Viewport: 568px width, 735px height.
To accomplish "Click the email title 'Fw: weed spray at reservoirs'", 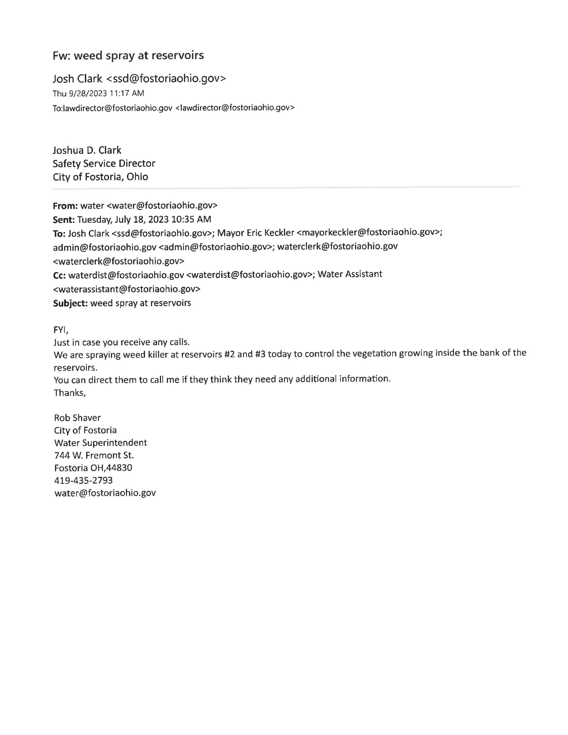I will click(128, 55).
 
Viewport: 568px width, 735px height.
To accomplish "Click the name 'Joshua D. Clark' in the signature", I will click(87, 150).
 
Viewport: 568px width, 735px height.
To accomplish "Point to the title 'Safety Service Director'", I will click(104, 164).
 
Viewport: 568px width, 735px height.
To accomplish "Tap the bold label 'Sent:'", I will click(64, 219).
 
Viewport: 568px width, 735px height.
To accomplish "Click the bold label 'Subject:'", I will click(70, 303).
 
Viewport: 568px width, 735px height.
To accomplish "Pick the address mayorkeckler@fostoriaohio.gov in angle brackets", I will click(369, 233).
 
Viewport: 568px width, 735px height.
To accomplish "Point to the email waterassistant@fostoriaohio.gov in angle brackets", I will click(127, 289).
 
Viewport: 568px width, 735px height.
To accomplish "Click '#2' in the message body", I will click(229, 354).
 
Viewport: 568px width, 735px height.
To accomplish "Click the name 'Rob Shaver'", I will click(77, 418).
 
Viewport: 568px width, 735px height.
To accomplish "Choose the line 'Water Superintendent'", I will click(100, 443).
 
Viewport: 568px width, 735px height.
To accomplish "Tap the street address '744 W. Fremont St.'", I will click(94, 455).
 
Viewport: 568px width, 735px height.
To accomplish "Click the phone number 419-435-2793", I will click(83, 480).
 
